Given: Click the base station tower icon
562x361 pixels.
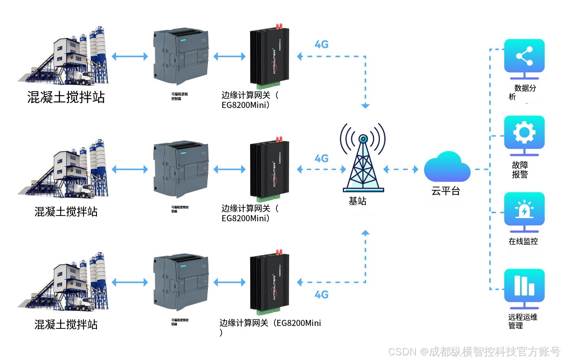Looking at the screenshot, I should [363, 159].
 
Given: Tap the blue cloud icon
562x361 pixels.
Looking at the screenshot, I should [447, 167].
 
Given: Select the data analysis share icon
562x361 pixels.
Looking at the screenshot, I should [524, 56].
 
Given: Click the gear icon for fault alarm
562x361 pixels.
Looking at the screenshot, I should [524, 132].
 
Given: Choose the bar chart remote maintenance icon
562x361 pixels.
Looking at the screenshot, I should [524, 285].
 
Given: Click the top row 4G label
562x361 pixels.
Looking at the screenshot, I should [321, 44].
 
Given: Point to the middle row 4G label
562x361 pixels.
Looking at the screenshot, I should [321, 158].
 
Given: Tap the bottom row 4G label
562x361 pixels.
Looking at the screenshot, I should [321, 295].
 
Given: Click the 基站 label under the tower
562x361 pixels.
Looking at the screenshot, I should [357, 201].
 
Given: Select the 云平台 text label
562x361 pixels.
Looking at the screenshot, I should [446, 191].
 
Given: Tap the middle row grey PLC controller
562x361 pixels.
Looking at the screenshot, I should [181, 169].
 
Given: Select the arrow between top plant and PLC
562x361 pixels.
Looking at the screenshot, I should [130, 56].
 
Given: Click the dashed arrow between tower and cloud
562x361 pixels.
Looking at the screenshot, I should [401, 169].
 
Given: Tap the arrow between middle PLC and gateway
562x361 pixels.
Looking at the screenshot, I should [229, 169].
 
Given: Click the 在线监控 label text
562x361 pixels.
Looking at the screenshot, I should [523, 242].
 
